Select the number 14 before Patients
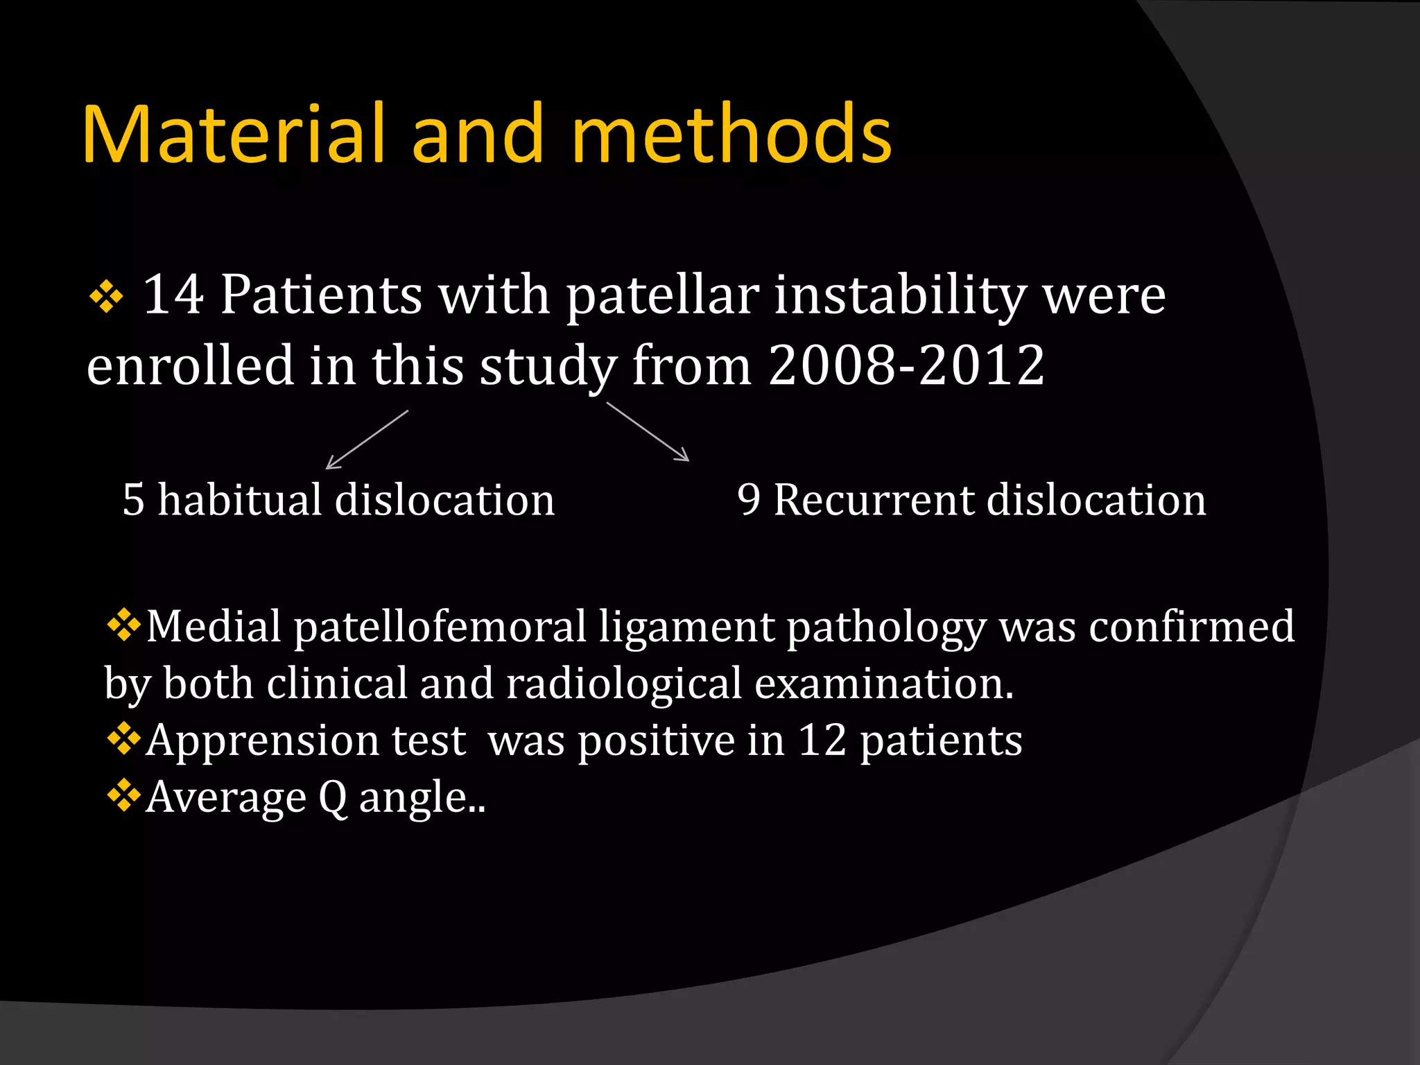[x=173, y=295]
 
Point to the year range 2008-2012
[x=906, y=365]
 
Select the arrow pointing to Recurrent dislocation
[x=648, y=431]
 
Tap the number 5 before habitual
[x=133, y=499]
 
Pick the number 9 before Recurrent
[x=748, y=499]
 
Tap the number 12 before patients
[x=822, y=740]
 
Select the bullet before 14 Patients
[x=106, y=298]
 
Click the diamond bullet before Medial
[x=123, y=624]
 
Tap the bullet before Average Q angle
[x=123, y=795]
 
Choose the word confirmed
[x=1191, y=626]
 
